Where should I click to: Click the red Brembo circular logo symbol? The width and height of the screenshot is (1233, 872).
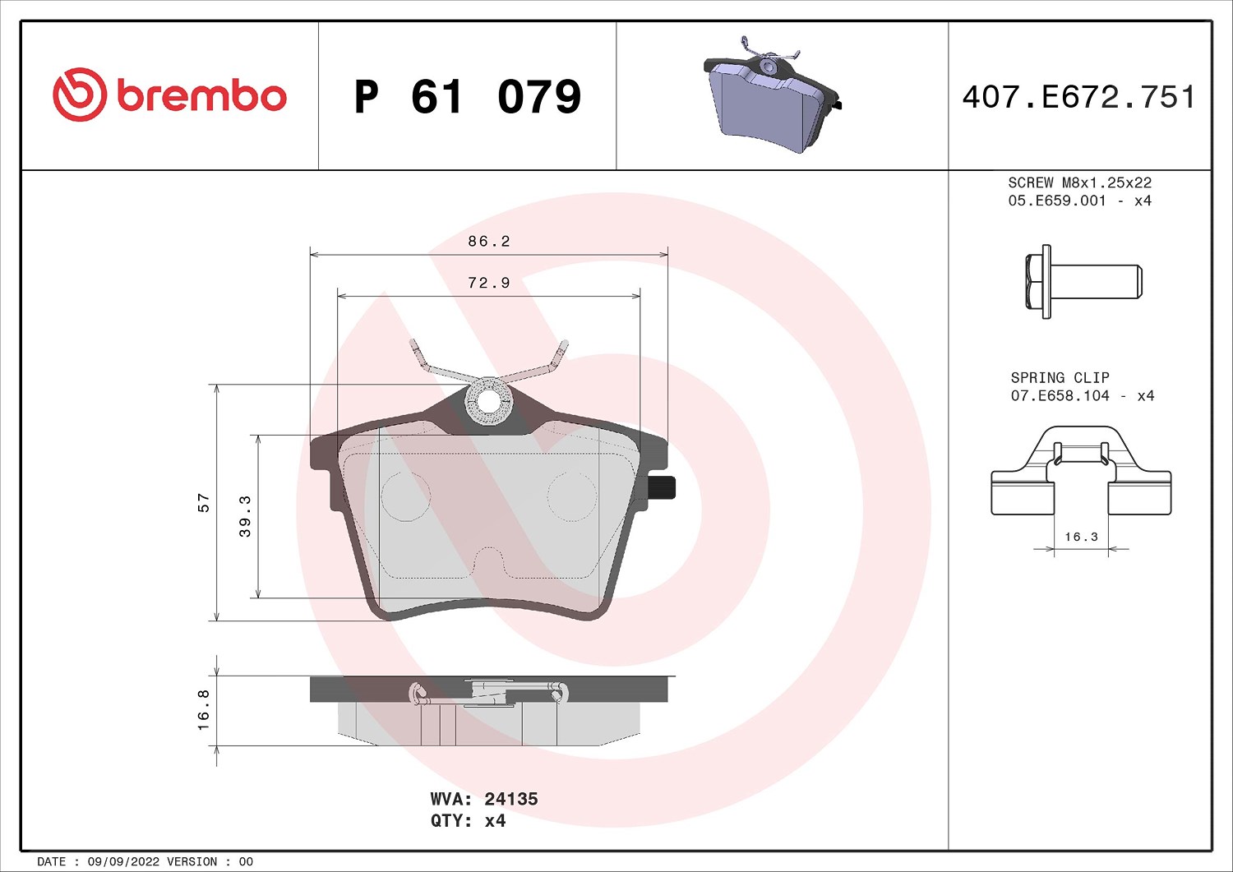pos(79,95)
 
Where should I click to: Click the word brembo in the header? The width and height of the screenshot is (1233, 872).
pos(201,96)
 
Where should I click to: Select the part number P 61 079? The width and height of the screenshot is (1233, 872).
pos(468,97)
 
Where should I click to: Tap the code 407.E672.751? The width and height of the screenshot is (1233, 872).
pos(1078,97)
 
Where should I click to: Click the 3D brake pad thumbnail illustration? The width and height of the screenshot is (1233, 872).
pos(773,95)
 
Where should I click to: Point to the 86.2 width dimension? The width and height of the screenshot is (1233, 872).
pos(489,241)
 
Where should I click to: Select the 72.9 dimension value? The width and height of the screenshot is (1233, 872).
pos(489,283)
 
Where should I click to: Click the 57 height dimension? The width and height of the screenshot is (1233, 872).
pos(204,503)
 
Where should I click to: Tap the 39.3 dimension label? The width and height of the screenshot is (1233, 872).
pos(245,516)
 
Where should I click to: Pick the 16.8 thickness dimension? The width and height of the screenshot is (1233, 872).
pos(203,710)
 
